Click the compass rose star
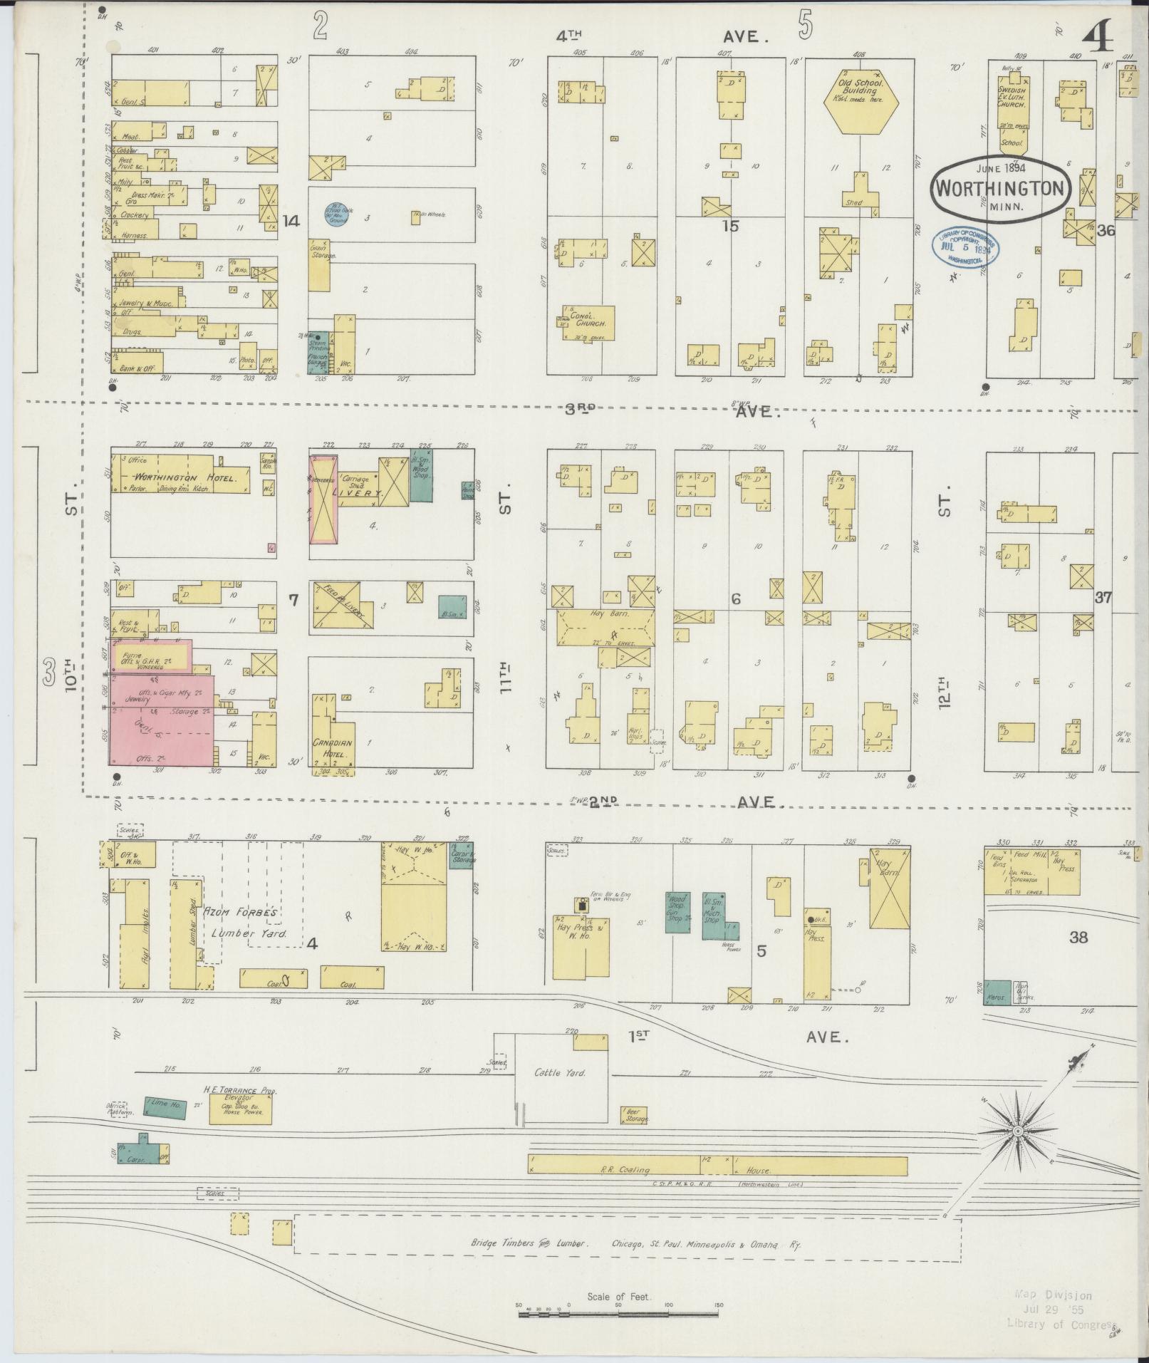[x=1019, y=1131]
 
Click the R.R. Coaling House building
[x=717, y=1166]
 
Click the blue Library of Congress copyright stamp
[x=965, y=247]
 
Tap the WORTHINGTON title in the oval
[x=1002, y=189]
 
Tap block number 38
[x=1078, y=938]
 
